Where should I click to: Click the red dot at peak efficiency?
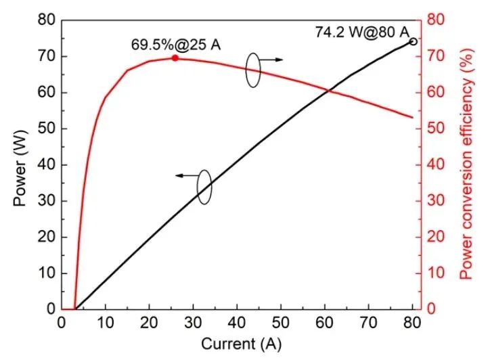[175, 58]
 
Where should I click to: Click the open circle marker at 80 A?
[413, 41]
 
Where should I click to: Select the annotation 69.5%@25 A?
[176, 45]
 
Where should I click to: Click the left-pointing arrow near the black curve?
[186, 175]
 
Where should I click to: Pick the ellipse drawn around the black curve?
[204, 187]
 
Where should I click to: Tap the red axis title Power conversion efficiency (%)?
[466, 165]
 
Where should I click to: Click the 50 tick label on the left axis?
[46, 129]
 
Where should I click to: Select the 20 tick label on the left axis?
[46, 237]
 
